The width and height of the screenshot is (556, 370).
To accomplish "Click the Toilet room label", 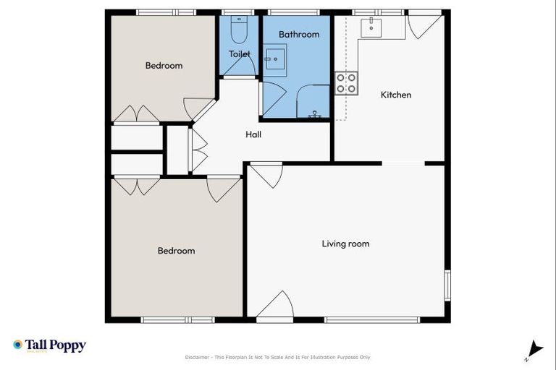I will pos(240,54).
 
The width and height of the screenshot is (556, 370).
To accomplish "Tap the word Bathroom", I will pos(299,34).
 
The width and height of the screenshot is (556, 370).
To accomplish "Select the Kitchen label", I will pos(396,95).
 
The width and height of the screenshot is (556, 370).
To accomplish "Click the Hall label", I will pos(253,134).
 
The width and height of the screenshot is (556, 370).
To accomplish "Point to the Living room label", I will pos(345,244).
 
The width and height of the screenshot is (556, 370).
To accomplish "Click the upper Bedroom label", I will pos(164,66).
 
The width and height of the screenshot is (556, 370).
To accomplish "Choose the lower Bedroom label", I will pos(176,251).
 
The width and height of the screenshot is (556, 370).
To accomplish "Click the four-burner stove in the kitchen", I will pos(346,84).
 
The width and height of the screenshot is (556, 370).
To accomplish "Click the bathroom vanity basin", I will pos(274,61).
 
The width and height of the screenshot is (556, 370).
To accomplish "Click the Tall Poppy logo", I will pos(49,345).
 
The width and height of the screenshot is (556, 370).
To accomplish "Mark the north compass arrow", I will pos(534,349).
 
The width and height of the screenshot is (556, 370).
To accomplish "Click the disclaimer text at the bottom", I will pos(278,357).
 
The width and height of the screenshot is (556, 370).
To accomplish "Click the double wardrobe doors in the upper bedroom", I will pos(135,114).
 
